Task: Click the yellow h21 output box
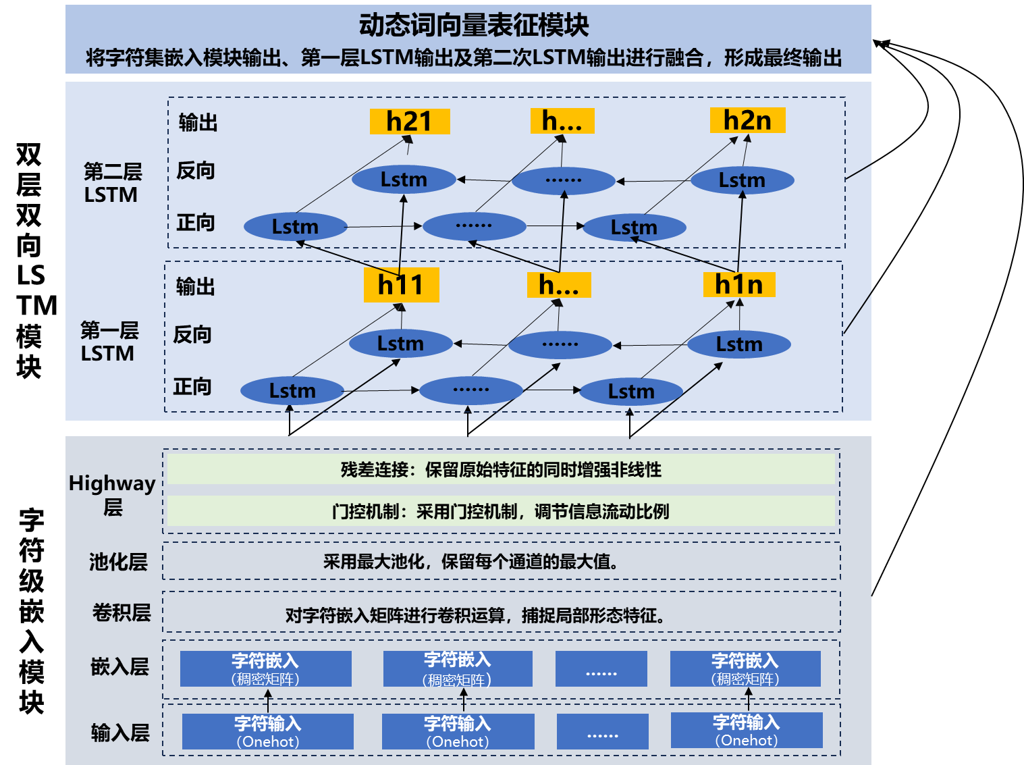point(409,122)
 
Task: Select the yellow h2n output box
point(747,120)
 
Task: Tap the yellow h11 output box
point(401,285)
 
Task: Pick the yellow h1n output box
point(738,284)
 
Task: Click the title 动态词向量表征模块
point(474,26)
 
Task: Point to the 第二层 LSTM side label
point(112,183)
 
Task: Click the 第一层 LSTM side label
point(109,342)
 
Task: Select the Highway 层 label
point(112,494)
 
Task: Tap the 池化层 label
point(118,562)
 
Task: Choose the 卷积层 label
point(122,612)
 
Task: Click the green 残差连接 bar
point(500,469)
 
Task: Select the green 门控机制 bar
point(500,511)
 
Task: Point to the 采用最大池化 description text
point(470,561)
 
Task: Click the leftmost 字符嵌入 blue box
point(265,668)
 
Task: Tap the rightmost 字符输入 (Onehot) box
point(747,731)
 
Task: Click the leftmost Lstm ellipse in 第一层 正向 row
point(292,391)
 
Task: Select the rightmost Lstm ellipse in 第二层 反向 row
point(742,180)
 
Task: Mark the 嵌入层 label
point(119,667)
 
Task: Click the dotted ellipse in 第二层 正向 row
point(474,226)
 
